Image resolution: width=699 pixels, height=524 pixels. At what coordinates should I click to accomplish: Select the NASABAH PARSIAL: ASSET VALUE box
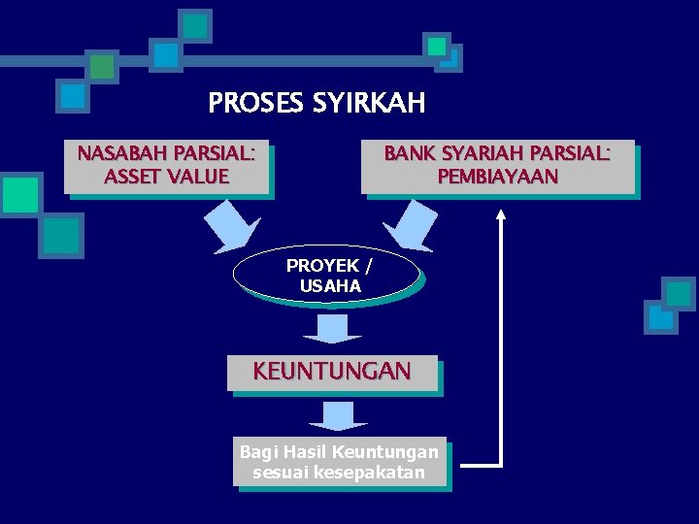167,166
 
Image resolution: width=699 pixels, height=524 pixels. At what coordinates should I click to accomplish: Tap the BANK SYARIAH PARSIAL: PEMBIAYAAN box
497,166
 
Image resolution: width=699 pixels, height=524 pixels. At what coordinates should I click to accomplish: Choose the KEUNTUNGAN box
332,372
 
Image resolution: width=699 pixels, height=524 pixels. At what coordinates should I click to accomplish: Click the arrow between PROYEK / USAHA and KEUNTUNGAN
332,327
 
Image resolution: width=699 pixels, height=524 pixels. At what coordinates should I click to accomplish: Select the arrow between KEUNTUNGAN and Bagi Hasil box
338,414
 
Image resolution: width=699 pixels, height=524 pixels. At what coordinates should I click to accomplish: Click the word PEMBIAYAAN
497,177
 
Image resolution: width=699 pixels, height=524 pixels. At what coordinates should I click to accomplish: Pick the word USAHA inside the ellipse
330,286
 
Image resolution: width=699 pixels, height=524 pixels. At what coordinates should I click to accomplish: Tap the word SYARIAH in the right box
474,154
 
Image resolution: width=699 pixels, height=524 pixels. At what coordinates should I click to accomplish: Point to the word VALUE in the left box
198,177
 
